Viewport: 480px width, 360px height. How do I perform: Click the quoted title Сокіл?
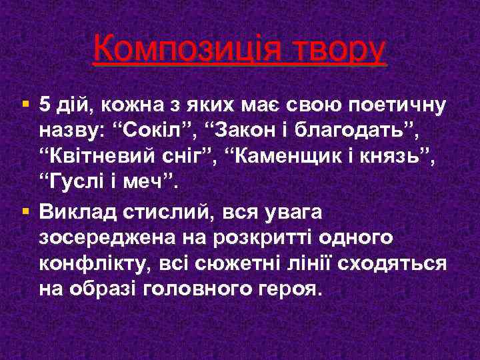147,129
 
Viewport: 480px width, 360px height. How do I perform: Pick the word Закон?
237,129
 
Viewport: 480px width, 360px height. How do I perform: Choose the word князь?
402,155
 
